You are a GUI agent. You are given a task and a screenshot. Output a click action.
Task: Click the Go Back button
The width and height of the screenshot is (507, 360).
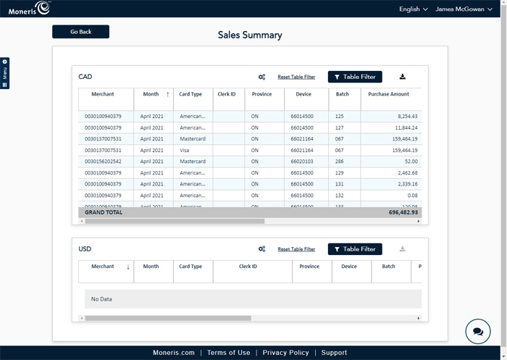pyautogui.click(x=80, y=32)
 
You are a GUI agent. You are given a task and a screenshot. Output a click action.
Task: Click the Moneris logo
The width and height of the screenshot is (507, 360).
pyautogui.click(x=29, y=9)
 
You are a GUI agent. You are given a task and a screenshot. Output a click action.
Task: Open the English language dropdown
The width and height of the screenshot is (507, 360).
pyautogui.click(x=413, y=9)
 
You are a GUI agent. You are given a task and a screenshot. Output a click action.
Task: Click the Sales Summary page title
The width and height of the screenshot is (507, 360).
pyautogui.click(x=250, y=35)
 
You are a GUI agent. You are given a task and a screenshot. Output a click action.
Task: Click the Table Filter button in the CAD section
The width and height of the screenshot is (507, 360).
pyautogui.click(x=355, y=77)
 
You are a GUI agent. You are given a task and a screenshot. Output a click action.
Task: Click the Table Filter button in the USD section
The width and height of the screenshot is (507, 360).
pyautogui.click(x=355, y=249)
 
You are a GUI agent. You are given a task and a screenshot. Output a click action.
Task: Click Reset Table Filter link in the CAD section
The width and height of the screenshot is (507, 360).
pyautogui.click(x=296, y=77)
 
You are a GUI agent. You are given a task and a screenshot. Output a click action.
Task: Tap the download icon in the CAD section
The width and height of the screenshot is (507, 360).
pyautogui.click(x=403, y=77)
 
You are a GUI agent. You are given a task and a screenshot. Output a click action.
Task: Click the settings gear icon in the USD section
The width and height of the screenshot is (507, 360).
pyautogui.click(x=261, y=249)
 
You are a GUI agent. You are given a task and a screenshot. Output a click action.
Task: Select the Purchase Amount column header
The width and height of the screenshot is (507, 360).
pyautogui.click(x=388, y=94)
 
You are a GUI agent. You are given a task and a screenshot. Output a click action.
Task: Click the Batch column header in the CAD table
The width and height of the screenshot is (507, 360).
pyautogui.click(x=343, y=94)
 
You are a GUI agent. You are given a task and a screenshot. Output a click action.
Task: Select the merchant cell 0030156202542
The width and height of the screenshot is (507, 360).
pyautogui.click(x=103, y=162)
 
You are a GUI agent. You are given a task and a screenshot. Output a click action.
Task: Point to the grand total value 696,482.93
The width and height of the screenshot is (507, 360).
pyautogui.click(x=403, y=212)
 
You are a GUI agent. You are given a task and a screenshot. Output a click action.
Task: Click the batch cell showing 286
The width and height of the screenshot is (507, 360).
pyautogui.click(x=338, y=162)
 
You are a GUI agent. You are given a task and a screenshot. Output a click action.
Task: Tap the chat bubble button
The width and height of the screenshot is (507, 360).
pyautogui.click(x=478, y=331)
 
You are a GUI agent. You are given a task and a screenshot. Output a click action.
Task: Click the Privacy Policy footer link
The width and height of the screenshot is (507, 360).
pyautogui.click(x=285, y=353)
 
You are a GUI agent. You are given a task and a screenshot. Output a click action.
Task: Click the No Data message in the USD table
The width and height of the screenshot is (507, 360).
pyautogui.click(x=101, y=299)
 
